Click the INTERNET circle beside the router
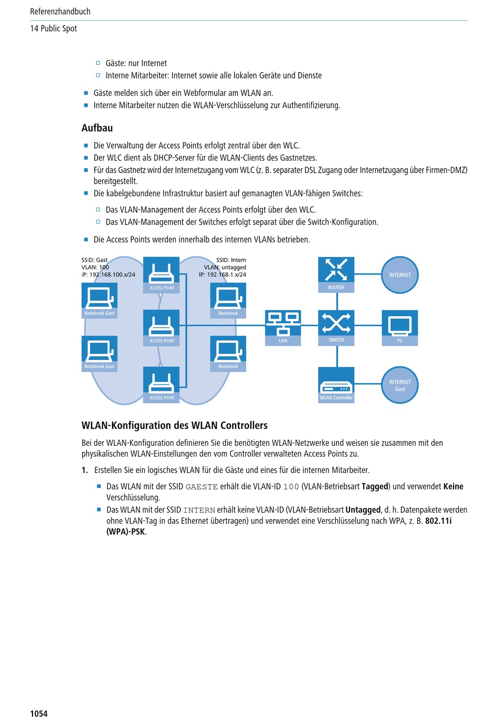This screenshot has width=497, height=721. point(400,275)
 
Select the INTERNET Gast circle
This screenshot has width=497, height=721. point(400,385)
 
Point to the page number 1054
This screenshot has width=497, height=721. point(39,714)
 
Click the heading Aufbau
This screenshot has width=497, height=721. point(97,128)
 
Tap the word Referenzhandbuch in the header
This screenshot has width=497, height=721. point(60,12)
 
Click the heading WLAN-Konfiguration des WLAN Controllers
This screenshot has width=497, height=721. point(175,425)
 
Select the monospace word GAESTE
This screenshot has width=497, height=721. point(201,487)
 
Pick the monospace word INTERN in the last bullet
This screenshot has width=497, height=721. point(199,510)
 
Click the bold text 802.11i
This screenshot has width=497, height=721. point(438,521)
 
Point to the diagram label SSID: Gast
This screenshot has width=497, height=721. point(95,260)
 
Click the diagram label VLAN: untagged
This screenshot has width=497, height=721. point(225,267)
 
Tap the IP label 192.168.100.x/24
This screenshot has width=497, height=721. point(112,275)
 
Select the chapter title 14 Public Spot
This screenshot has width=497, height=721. point(53,28)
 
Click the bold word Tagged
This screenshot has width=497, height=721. point(375,487)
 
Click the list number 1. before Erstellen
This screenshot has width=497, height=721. point(85,470)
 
